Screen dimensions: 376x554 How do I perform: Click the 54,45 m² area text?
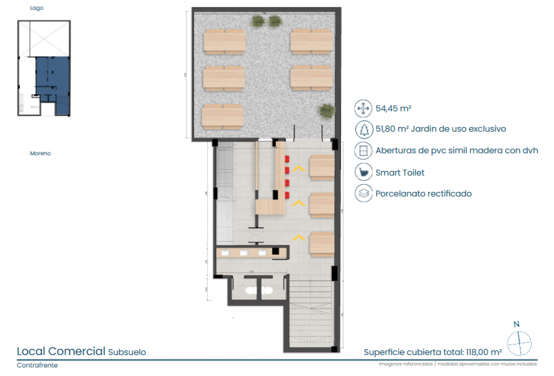point(393,108)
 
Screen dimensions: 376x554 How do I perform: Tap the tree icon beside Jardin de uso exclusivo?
point(364,129)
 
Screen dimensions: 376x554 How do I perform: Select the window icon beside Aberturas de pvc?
point(364,151)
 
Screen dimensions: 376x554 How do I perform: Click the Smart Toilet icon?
point(364,172)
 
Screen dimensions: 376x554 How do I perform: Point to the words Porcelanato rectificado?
point(423,194)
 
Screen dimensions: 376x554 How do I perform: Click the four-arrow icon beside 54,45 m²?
point(363,108)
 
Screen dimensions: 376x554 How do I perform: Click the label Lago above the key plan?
point(36,8)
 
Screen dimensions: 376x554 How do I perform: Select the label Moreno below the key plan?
point(40,153)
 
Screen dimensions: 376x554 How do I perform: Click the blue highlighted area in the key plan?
point(52,75)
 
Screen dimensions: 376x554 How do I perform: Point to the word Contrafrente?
point(37,365)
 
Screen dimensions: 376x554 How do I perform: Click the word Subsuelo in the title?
point(127,352)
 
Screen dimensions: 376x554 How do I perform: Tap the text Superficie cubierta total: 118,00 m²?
point(432,352)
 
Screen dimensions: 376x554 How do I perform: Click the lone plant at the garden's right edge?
point(327,111)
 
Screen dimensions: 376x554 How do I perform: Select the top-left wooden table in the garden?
point(224,42)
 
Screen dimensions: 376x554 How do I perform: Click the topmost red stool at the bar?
point(287,159)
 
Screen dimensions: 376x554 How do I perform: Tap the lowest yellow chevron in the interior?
point(299,237)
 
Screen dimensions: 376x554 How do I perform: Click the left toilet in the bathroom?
point(251,291)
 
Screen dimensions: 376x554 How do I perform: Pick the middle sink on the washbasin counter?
point(244,253)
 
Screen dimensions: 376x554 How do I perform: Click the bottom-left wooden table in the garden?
point(223,117)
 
